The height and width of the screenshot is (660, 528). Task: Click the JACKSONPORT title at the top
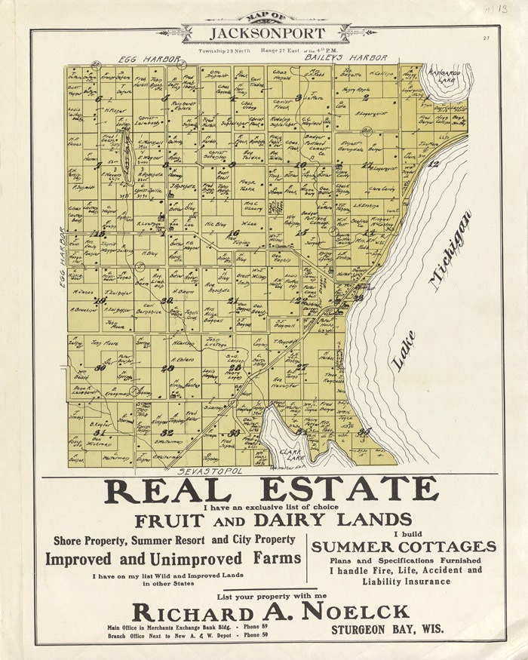(268, 33)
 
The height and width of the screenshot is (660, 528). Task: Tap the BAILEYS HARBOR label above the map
(346, 57)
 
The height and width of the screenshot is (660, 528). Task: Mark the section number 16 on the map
(234, 233)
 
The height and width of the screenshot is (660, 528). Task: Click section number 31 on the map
(99, 432)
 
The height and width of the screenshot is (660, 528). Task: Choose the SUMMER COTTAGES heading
(404, 546)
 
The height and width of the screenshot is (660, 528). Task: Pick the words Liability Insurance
(406, 582)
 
